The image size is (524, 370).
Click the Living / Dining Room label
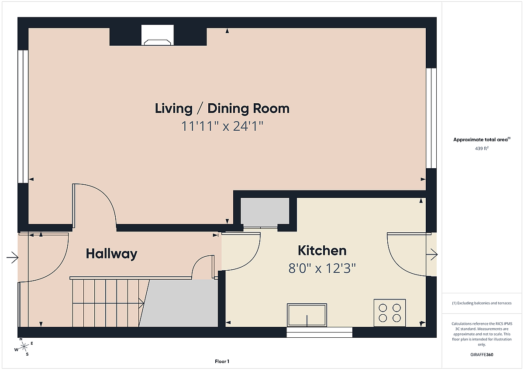coord(222,109)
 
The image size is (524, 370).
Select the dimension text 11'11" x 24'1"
coord(222,126)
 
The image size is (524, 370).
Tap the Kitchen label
coord(322,251)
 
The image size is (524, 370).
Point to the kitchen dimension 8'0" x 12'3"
coord(322,268)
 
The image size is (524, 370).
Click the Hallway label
coord(112,254)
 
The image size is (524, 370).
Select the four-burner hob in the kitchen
coord(390,313)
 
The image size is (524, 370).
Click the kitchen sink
coord(307,315)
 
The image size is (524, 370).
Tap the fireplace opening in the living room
coord(158,35)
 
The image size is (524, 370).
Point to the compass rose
coord(24,346)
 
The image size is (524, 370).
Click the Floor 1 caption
coord(222,361)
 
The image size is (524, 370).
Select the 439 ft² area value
coord(482,148)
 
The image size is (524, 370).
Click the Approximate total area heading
coord(482,139)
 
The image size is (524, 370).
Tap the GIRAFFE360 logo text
coord(482,355)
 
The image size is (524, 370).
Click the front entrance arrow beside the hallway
coord(12,258)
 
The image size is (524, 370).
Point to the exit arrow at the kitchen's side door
coord(432,255)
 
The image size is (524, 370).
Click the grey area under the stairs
coord(179,303)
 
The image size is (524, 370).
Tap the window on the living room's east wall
coord(431,118)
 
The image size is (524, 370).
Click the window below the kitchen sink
coord(320,332)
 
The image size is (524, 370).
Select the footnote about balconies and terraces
coord(482,303)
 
